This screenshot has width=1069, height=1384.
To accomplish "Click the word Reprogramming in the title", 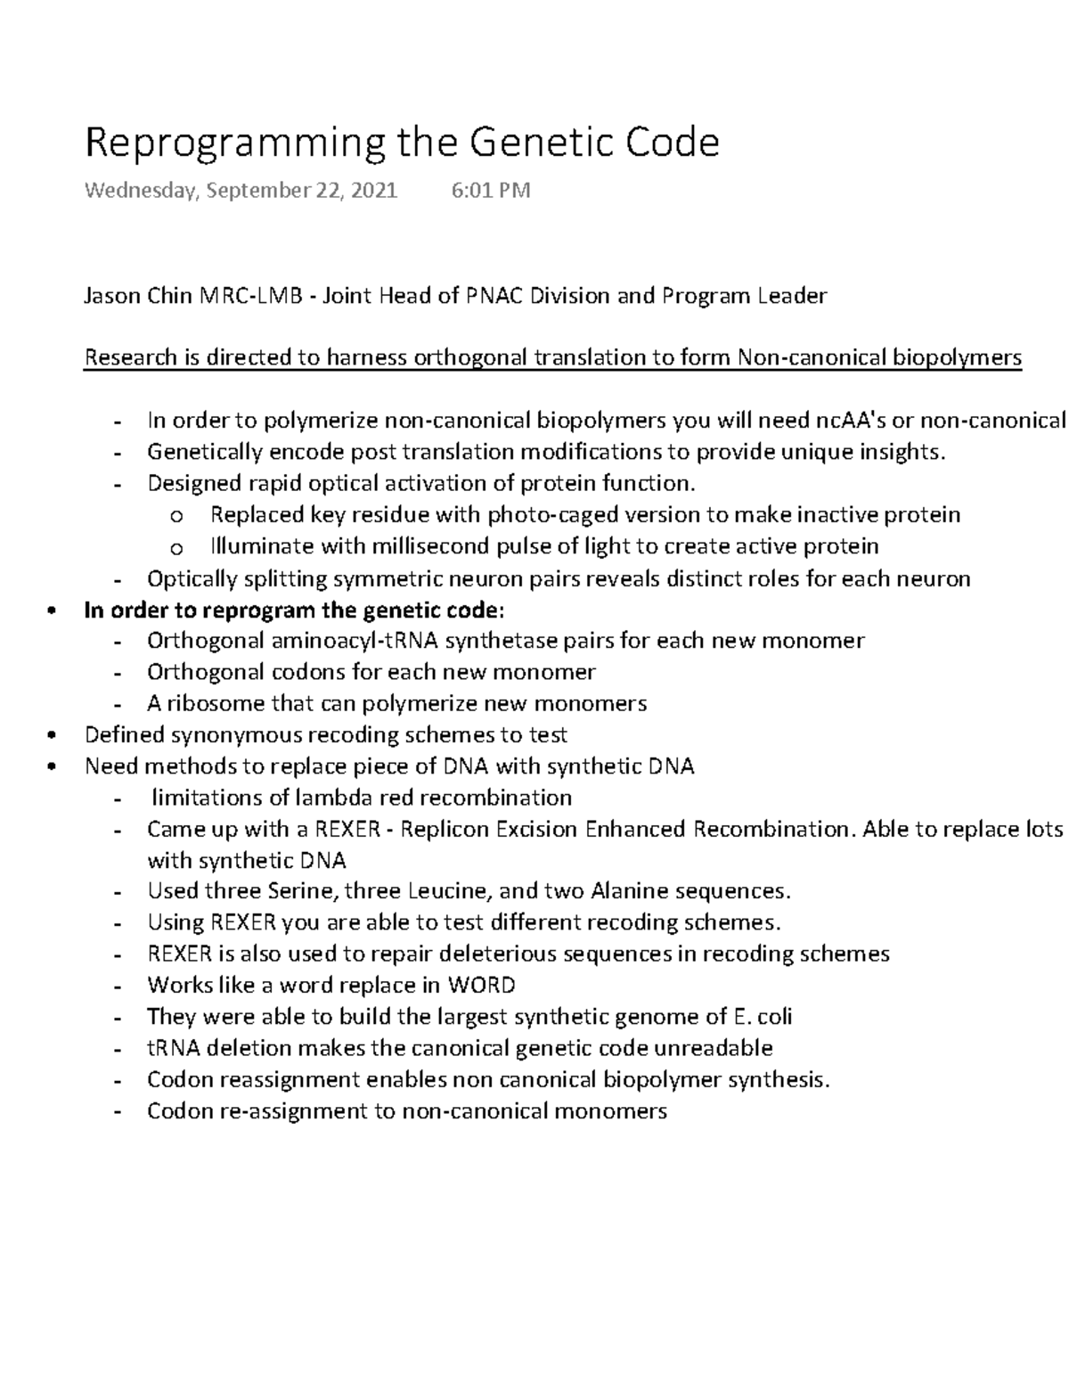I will click(x=234, y=143).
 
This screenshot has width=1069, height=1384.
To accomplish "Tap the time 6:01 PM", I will click(x=491, y=190).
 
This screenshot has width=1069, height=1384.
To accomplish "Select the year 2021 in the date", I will click(x=374, y=190).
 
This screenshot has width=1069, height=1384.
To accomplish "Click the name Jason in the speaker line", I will click(x=110, y=296).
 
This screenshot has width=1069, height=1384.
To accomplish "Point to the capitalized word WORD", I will click(x=481, y=986).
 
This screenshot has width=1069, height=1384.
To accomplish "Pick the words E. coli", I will click(x=763, y=1017).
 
